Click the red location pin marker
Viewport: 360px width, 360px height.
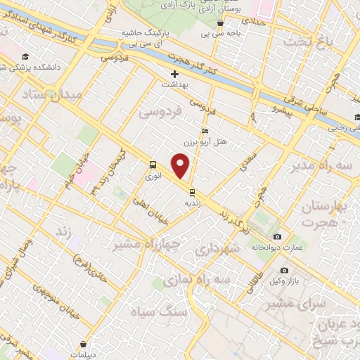pos(181,167)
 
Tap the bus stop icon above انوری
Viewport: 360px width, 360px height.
pos(152,165)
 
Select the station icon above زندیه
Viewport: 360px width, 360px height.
pos(191,191)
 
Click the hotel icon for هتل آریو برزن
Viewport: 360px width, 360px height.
pos(205,131)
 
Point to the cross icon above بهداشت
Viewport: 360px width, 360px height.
pos(175,73)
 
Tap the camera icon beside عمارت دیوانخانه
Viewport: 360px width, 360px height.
pos(277,237)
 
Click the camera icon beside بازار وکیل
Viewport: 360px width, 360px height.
pos(284,270)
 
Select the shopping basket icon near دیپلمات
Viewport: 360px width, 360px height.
pos(84,345)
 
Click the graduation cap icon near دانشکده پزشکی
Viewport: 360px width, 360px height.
pos(26,57)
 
